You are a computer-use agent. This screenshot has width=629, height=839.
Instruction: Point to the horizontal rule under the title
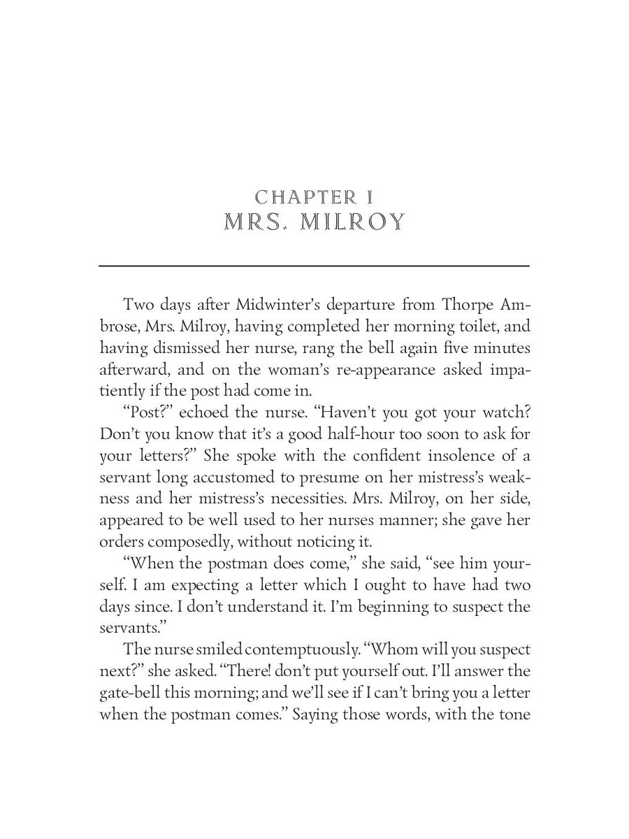314,266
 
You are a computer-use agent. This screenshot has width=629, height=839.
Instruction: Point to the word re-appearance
368,368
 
